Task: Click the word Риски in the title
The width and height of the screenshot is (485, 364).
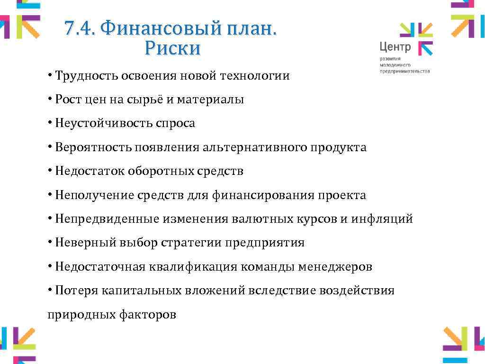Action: [x=173, y=48]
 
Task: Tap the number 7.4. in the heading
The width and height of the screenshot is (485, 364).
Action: [x=80, y=29]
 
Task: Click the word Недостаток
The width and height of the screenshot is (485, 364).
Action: [x=89, y=171]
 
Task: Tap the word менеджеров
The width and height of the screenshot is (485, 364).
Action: [x=335, y=267]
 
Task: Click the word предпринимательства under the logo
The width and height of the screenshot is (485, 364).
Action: [x=404, y=71]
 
